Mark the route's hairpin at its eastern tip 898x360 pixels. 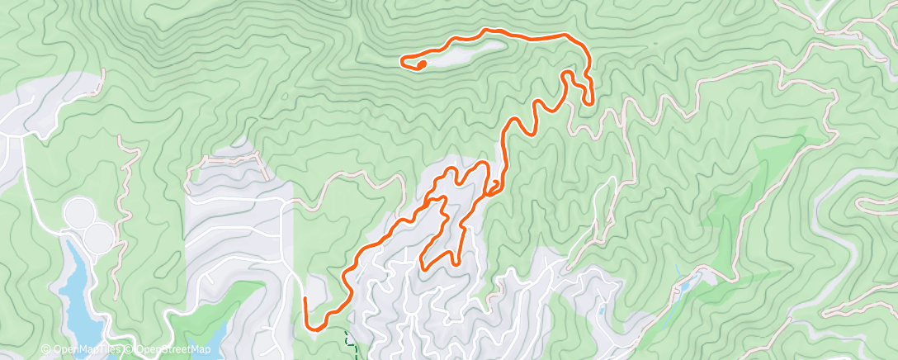[x=590, y=101]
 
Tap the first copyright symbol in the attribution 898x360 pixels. [x=46, y=350]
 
